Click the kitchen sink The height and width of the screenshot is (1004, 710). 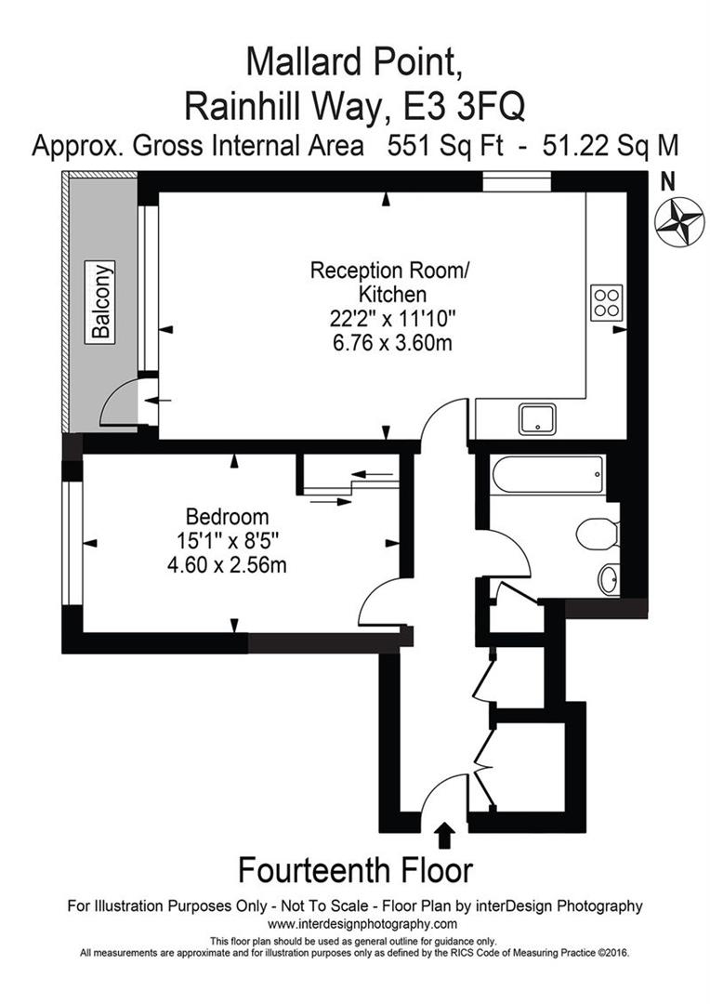tap(537, 420)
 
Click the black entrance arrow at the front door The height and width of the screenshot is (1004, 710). tap(444, 835)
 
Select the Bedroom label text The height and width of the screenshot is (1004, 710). tap(228, 516)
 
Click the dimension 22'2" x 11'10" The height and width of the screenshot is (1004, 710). tap(389, 318)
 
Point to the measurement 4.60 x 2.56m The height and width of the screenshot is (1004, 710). tap(228, 563)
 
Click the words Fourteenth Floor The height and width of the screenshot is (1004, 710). tap(355, 871)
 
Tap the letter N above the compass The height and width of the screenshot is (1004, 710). tap(667, 183)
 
